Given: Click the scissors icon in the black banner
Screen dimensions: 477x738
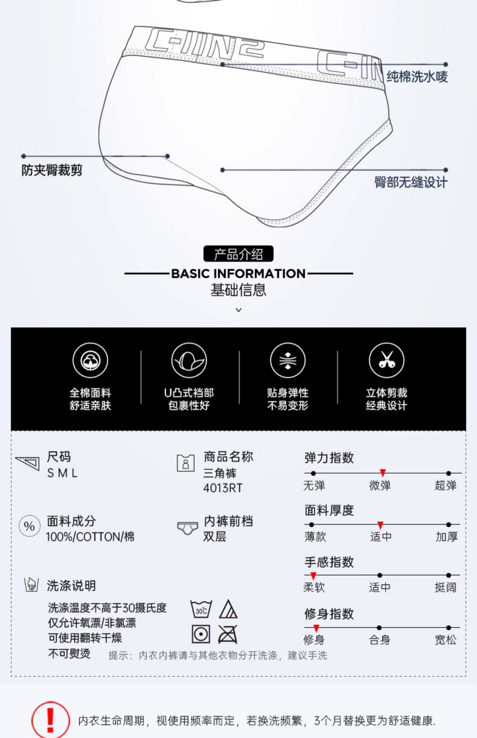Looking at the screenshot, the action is pyautogui.click(x=386, y=360).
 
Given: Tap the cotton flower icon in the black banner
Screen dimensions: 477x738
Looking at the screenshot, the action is pyautogui.click(x=90, y=360).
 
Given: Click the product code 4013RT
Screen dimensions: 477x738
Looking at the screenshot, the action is pyautogui.click(x=223, y=488).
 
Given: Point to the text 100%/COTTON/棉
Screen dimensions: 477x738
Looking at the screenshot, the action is pyautogui.click(x=90, y=537).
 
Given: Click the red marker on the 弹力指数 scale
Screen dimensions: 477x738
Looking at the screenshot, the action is pyautogui.click(x=383, y=473).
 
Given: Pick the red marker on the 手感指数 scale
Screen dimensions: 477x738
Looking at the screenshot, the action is pyautogui.click(x=313, y=576).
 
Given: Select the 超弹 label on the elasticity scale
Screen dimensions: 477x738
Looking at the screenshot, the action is pyautogui.click(x=446, y=486).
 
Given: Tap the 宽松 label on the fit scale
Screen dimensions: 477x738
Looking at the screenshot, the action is pyautogui.click(x=446, y=640).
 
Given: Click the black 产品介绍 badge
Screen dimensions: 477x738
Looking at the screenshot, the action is pyautogui.click(x=238, y=254).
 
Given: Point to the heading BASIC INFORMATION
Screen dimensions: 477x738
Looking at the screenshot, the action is pyautogui.click(x=238, y=274).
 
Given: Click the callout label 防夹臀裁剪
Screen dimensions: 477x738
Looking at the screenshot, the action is pyautogui.click(x=52, y=170).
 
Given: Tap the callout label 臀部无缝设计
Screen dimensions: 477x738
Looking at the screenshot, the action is pyautogui.click(x=411, y=182).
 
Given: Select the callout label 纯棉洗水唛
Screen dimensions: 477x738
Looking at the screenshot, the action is pyautogui.click(x=417, y=77).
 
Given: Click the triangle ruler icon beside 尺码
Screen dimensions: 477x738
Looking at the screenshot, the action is pyautogui.click(x=28, y=463).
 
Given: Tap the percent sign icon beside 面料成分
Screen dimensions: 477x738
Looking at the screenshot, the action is pyautogui.click(x=29, y=526).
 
